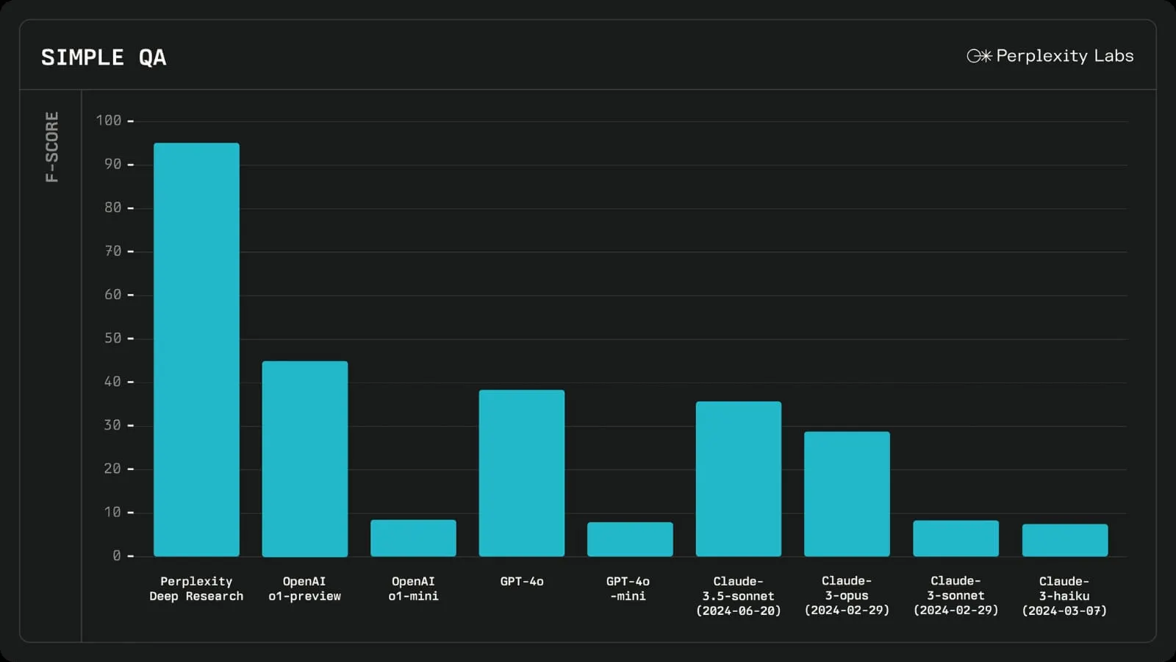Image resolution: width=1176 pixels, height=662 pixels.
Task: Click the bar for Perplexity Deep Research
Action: click(196, 349)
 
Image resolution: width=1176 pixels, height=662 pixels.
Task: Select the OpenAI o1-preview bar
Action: click(305, 458)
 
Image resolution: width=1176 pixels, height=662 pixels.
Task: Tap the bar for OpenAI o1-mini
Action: click(413, 538)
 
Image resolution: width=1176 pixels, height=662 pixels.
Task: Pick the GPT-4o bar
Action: click(522, 473)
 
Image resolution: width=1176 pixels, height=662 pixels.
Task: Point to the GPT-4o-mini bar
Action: click(630, 539)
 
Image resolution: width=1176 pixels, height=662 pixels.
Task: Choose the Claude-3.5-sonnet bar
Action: click(739, 479)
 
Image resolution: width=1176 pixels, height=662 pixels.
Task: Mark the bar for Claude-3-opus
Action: click(847, 494)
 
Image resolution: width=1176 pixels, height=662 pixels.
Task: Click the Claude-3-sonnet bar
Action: click(955, 538)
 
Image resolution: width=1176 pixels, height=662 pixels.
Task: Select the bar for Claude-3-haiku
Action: click(1064, 540)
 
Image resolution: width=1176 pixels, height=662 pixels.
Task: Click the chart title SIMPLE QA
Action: click(104, 57)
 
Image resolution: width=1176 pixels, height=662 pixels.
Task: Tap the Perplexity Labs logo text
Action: click(1064, 56)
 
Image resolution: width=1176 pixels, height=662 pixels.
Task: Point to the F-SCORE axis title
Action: click(51, 146)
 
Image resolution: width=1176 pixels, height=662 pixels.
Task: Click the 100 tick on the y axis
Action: click(109, 120)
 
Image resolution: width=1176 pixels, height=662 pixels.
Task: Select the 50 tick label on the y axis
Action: click(112, 338)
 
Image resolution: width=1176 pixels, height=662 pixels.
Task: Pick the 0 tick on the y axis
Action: click(116, 555)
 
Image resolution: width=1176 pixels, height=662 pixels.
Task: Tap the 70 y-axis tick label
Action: click(112, 251)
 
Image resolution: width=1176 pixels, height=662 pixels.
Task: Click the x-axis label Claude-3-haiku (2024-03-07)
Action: click(1064, 596)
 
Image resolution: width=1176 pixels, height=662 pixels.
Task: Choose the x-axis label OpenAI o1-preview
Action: click(304, 588)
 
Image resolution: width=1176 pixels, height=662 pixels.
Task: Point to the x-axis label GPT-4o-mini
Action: click(628, 588)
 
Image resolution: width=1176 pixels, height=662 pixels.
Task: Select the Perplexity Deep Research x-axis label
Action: click(196, 588)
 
